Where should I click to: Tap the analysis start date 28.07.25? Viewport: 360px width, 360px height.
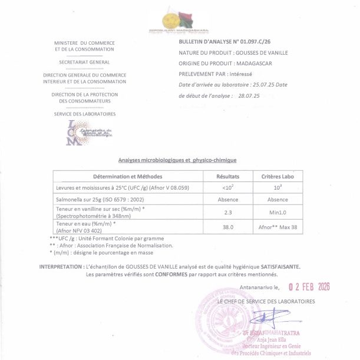[247, 95]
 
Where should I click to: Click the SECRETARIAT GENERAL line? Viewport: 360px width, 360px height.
[84, 62]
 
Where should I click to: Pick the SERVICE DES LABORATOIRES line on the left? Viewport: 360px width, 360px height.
[84, 114]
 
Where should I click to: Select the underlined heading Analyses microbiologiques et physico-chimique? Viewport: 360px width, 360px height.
[177, 160]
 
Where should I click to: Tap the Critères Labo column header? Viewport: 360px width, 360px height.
[273, 176]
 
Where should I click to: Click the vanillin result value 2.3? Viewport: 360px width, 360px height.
[227, 212]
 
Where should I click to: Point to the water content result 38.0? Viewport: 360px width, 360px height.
[227, 227]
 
